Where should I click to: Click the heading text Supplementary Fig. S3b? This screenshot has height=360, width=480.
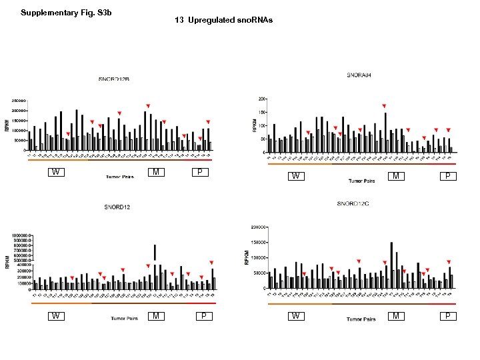pyautogui.click(x=61, y=13)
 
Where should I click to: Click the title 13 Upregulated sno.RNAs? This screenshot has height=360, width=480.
pyautogui.click(x=223, y=21)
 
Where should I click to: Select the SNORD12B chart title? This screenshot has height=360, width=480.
pyautogui.click(x=114, y=79)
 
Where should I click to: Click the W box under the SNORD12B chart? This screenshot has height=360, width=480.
pyautogui.click(x=57, y=173)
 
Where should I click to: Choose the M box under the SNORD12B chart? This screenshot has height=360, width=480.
pyautogui.click(x=155, y=173)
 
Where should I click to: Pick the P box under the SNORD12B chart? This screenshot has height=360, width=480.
pyautogui.click(x=198, y=173)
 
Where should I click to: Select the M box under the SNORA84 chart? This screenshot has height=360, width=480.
pyautogui.click(x=396, y=177)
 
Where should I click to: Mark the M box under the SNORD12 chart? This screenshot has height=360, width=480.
pyautogui.click(x=155, y=316)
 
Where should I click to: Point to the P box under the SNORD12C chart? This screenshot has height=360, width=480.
pyautogui.click(x=449, y=316)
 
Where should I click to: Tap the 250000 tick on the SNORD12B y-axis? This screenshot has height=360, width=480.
pyautogui.click(x=18, y=101)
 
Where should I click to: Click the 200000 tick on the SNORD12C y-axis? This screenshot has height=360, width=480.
pyautogui.click(x=257, y=227)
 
